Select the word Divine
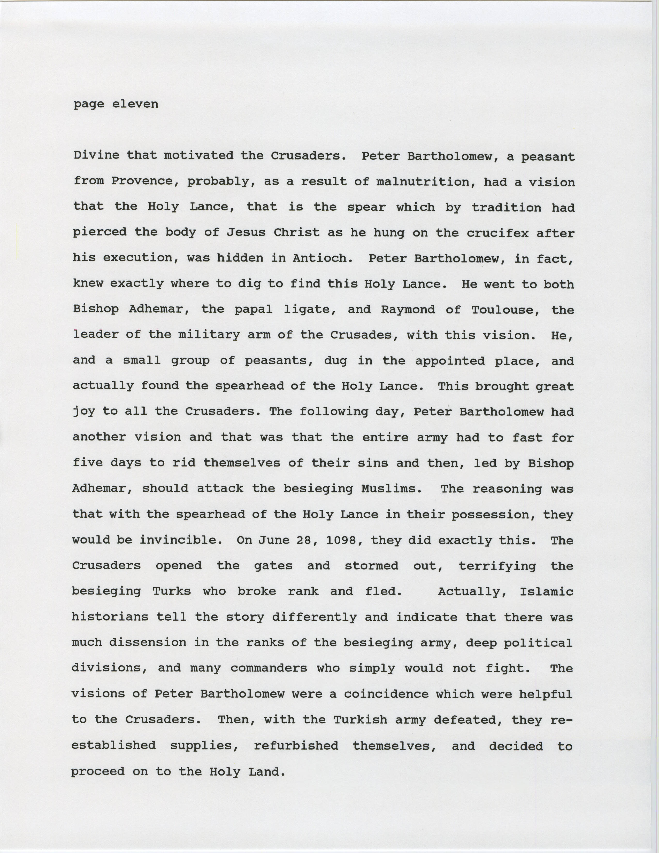[x=97, y=155]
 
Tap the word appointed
[x=450, y=361]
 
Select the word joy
[x=84, y=412]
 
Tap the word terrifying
[x=497, y=566]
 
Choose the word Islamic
[x=546, y=591]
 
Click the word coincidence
[x=386, y=694]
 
